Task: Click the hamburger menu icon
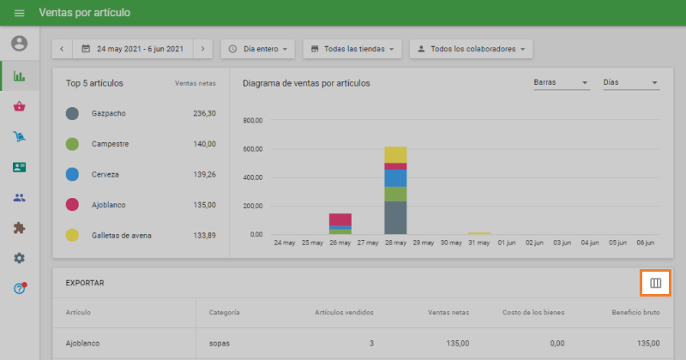click(x=19, y=13)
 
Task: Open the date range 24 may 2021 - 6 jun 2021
click(x=132, y=49)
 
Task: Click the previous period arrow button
click(x=62, y=49)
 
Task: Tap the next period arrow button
click(x=202, y=49)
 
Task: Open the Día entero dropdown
click(x=257, y=49)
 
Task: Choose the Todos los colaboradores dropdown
click(x=471, y=49)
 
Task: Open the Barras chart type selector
click(x=561, y=83)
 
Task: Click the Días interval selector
click(x=630, y=83)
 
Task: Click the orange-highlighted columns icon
click(x=655, y=282)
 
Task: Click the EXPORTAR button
click(x=85, y=282)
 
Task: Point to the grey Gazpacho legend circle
click(x=73, y=113)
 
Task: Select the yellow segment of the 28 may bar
click(x=395, y=154)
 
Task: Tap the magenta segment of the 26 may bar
click(x=340, y=219)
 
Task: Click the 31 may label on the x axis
click(x=478, y=243)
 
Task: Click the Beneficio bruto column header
click(x=635, y=312)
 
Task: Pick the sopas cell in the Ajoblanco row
click(x=220, y=343)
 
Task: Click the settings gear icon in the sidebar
click(x=19, y=258)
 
